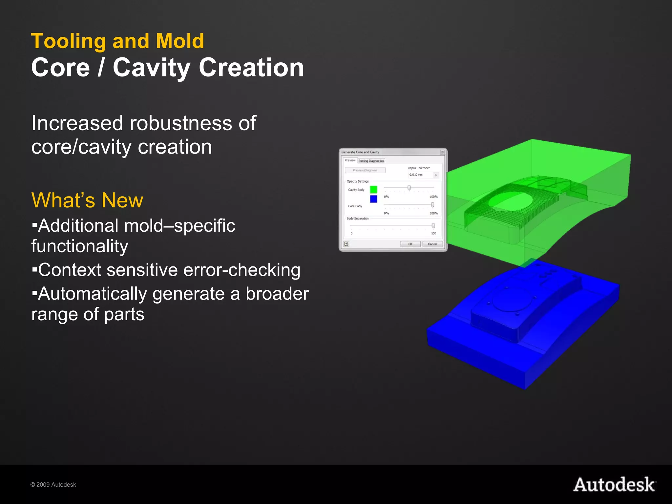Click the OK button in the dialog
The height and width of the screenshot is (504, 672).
410,244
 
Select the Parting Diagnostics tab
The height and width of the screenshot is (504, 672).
371,161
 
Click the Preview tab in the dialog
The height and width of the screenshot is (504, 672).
350,160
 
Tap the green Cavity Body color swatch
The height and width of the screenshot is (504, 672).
373,190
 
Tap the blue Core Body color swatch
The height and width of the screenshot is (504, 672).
373,199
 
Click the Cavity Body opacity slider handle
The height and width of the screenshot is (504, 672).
409,188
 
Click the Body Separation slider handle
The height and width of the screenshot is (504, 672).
433,226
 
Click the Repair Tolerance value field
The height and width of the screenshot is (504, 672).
421,175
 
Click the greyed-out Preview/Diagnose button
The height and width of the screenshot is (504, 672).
365,170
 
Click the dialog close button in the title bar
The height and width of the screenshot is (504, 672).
442,152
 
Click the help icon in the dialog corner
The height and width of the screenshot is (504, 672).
346,244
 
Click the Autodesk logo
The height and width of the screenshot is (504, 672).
614,485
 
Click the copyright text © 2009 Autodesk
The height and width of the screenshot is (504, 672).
53,485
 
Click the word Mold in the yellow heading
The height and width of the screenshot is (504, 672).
180,41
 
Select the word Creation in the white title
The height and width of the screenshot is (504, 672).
251,68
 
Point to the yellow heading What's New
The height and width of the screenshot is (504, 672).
87,200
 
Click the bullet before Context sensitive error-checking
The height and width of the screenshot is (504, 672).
34,270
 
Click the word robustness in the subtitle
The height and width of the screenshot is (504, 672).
181,123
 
